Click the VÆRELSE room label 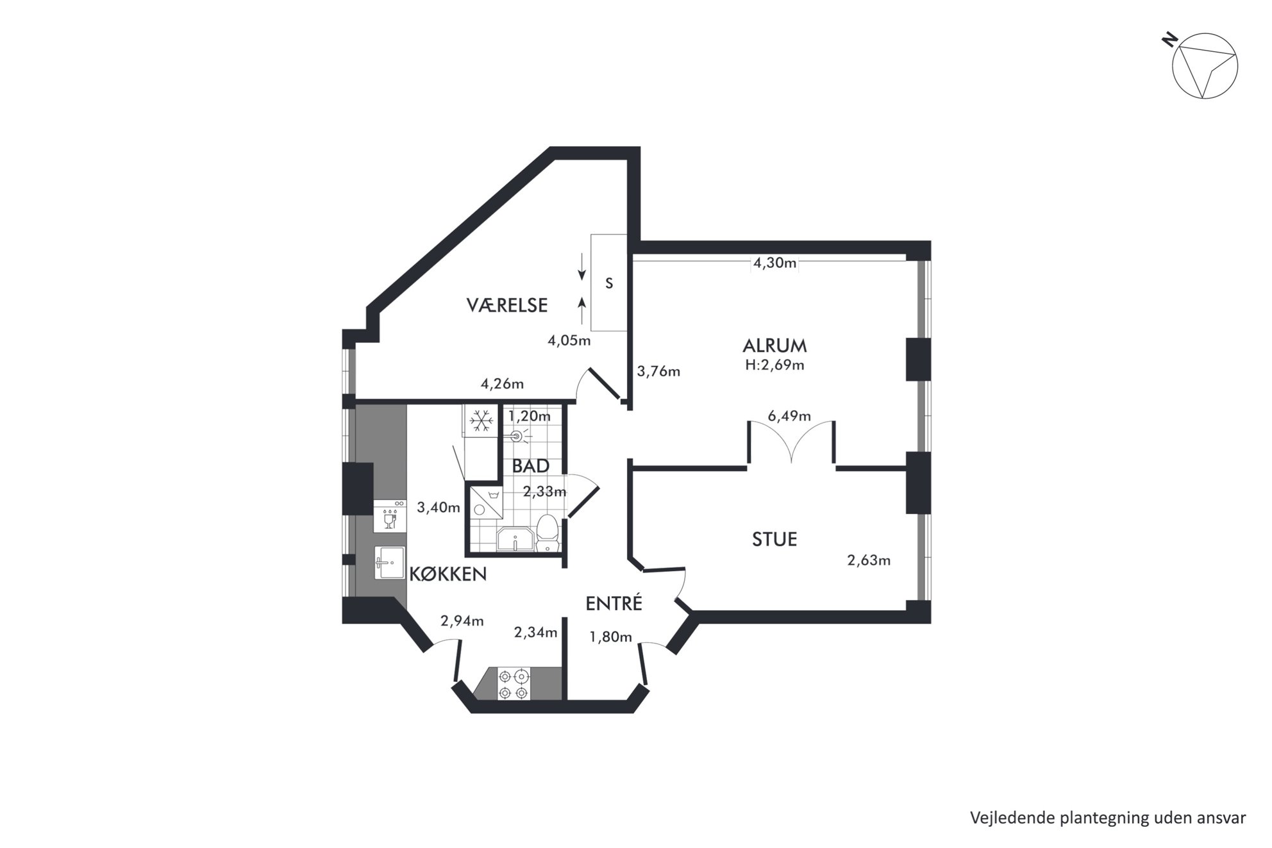(507, 305)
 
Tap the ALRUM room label (774, 345)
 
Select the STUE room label (774, 539)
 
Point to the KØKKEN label (448, 574)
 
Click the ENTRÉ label (614, 603)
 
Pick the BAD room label (531, 466)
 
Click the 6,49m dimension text (789, 416)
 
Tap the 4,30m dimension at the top (774, 263)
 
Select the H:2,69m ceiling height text (774, 365)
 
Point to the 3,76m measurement (658, 371)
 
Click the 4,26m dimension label (502, 384)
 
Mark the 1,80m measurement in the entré (610, 636)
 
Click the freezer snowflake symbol (481, 421)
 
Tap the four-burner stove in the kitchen (514, 685)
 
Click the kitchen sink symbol (389, 563)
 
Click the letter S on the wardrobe (609, 283)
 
